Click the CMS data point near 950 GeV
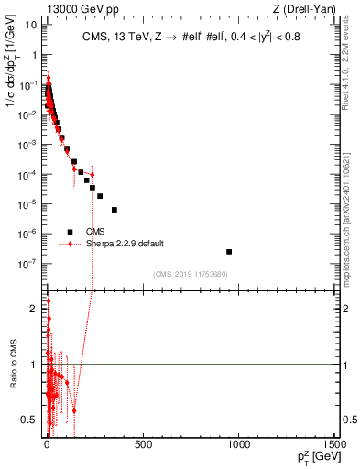coord(229,251)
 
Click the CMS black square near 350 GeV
coord(115,210)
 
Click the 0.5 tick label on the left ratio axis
coord(29,420)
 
